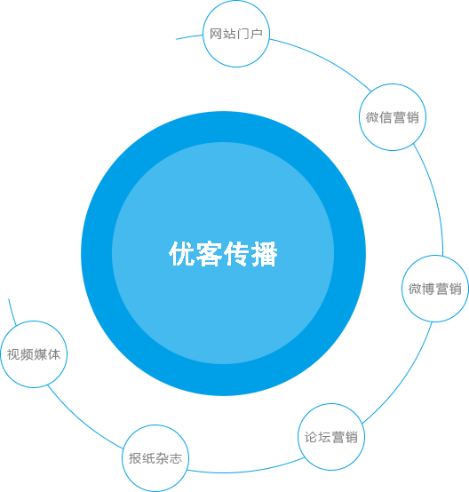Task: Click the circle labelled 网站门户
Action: [x=236, y=34]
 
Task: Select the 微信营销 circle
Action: [x=393, y=117]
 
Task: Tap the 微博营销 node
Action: [x=435, y=289]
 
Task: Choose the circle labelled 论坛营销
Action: [x=331, y=437]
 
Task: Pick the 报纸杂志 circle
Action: [x=155, y=458]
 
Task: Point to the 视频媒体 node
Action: [x=34, y=354]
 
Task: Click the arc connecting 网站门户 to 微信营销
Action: [x=323, y=59]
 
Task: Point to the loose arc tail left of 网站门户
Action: [x=189, y=36]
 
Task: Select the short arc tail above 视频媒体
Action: [x=12, y=312]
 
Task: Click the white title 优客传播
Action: [x=223, y=254]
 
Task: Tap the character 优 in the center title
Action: [x=182, y=254]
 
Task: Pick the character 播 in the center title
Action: [x=265, y=254]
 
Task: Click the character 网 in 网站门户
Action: [x=216, y=34]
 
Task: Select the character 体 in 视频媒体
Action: [x=54, y=354]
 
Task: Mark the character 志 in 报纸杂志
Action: [x=176, y=458]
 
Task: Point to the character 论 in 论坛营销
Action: [x=311, y=437]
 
